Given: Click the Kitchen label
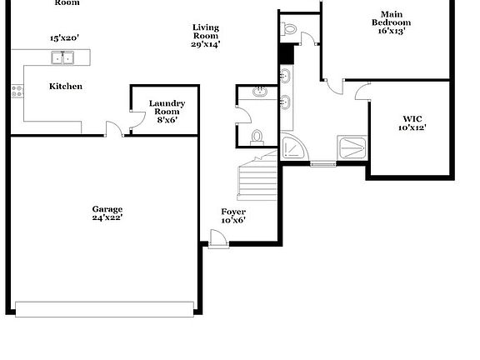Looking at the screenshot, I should click(65, 87).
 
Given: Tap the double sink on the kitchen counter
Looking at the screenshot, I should click(61, 57).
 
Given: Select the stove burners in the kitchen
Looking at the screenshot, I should click(16, 92).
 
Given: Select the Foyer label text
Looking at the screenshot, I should click(232, 212).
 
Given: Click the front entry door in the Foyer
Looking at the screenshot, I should click(218, 240).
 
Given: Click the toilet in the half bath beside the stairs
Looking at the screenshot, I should click(257, 136).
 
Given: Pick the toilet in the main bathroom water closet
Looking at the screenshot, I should click(289, 29).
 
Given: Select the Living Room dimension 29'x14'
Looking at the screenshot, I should click(205, 44).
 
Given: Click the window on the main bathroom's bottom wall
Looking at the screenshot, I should click(322, 164).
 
